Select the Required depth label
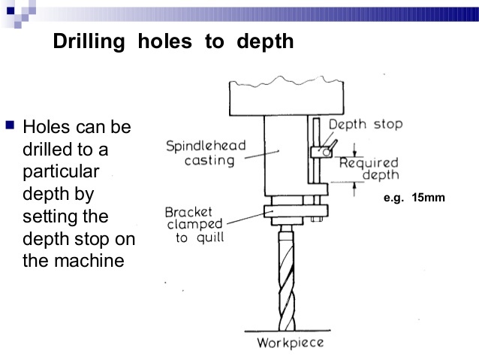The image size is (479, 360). point(369,168)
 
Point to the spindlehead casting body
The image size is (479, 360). point(285,158)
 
